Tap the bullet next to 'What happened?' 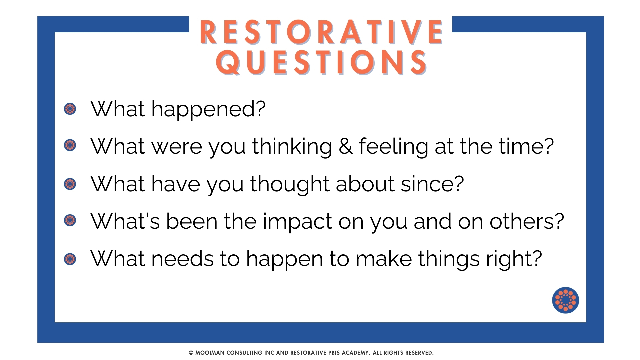coord(70,109)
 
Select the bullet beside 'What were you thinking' coord(70,145)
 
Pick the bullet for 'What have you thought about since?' coord(70,184)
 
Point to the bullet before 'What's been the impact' coord(70,220)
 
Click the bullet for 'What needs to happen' coord(70,259)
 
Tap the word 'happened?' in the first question coord(208,110)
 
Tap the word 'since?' coord(432,184)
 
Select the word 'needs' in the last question coord(182,259)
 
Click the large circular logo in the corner coord(565,300)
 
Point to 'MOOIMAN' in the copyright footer coord(210,353)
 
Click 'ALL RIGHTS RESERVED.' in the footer coord(403,353)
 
